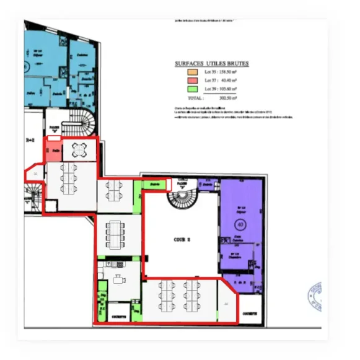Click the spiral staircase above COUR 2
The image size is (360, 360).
[x=182, y=198]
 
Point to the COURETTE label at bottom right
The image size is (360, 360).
[x=250, y=314]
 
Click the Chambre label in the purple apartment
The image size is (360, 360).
[x=235, y=255]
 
